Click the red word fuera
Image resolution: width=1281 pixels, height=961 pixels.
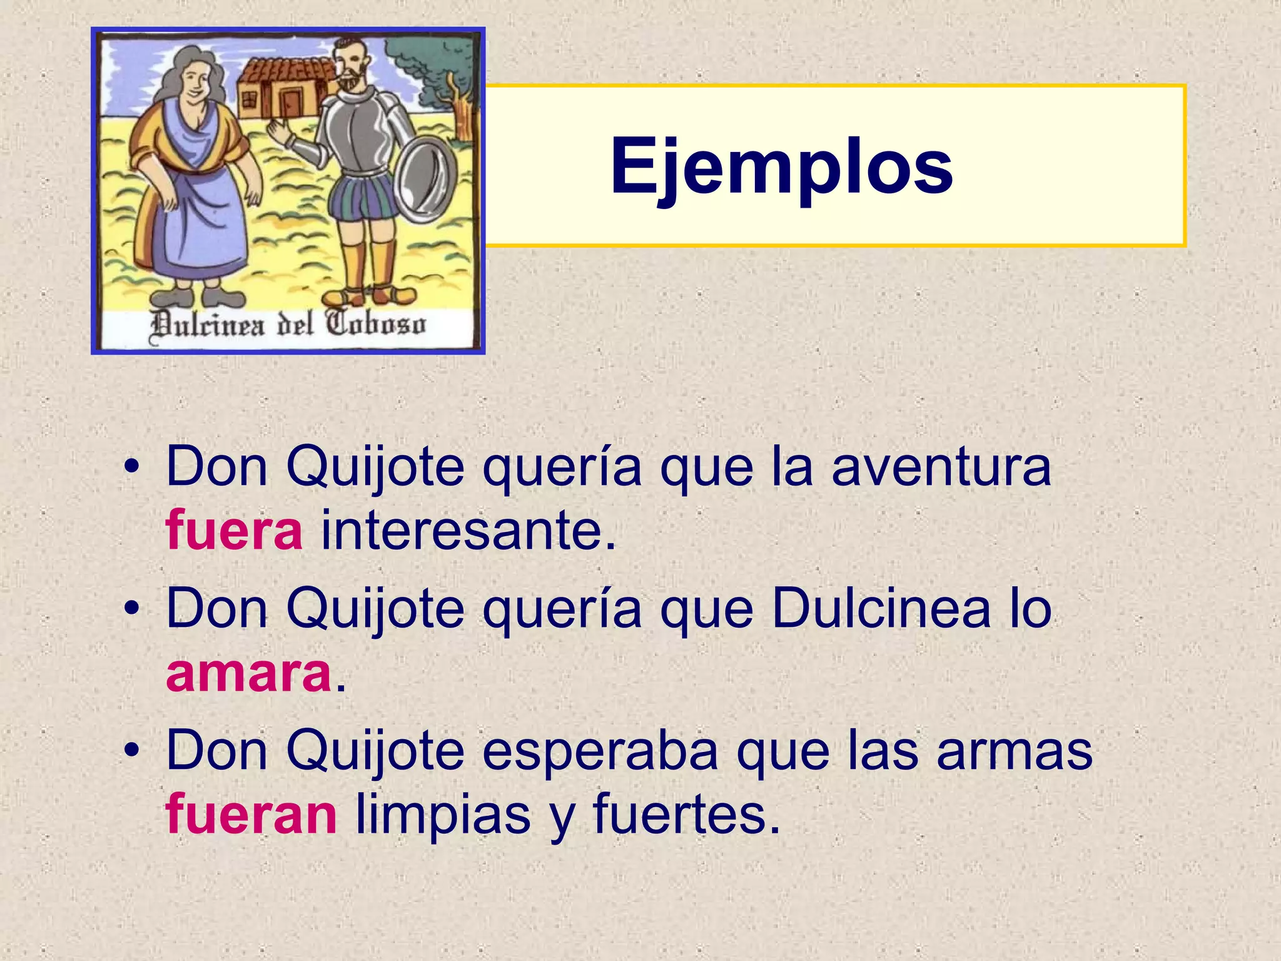tap(234, 531)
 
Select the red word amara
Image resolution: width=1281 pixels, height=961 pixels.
tap(248, 674)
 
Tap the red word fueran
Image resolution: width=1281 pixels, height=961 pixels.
tap(251, 815)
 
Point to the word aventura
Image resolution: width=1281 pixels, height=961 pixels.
tap(941, 467)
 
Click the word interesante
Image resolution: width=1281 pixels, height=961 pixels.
tap(468, 531)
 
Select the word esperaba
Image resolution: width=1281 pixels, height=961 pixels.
tap(600, 751)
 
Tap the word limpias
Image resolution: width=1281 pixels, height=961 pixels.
tap(443, 815)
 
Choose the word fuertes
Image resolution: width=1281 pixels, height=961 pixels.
tap(686, 815)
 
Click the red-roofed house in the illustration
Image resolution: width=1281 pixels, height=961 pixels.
tap(285, 88)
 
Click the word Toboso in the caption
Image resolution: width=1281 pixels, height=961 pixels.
tap(375, 325)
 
